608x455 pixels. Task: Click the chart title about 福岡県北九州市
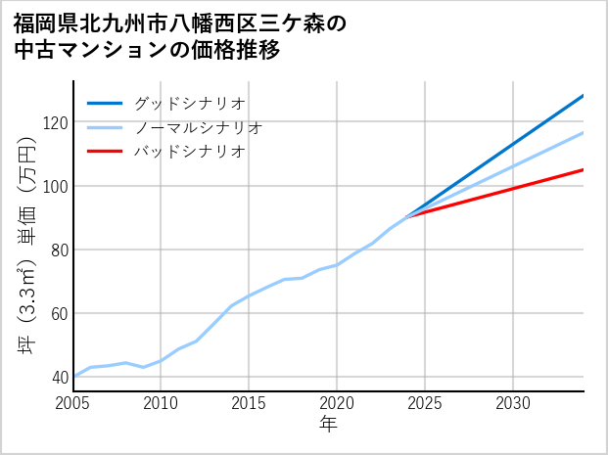[181, 36]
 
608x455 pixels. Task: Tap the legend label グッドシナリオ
[189, 103]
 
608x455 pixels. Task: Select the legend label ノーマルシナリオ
[198, 127]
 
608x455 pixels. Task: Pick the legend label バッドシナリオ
[189, 152]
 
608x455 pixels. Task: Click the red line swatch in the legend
[106, 152]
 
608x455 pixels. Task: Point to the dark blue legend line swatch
[106, 103]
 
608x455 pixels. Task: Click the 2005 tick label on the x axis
[73, 403]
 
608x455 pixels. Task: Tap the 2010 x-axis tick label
[161, 403]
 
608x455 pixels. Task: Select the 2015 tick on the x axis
[249, 403]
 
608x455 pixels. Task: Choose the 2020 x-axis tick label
[337, 403]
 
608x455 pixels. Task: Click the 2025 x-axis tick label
[425, 403]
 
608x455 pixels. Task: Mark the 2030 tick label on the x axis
[513, 403]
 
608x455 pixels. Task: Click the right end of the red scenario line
[583, 170]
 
